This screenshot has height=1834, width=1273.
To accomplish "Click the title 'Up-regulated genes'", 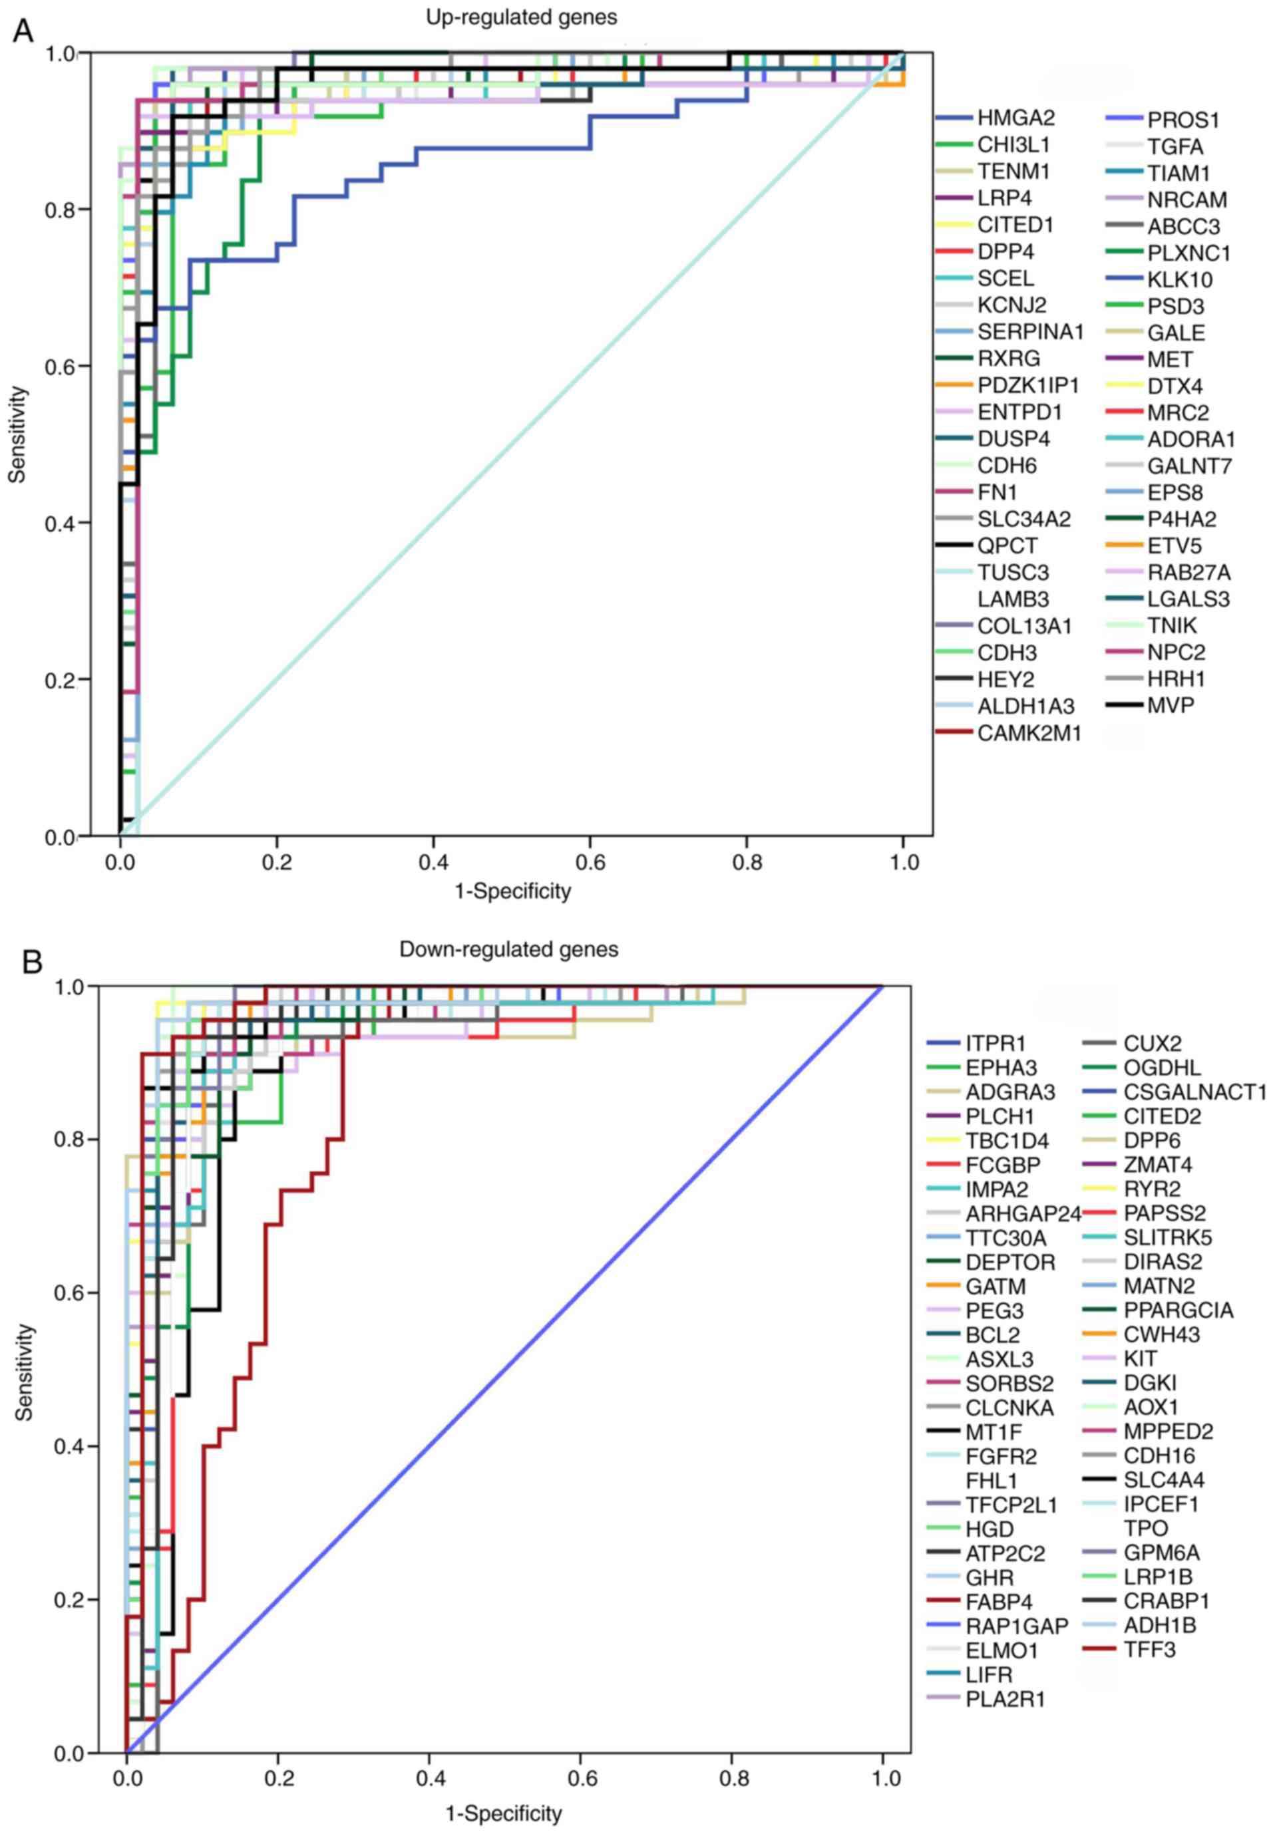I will click(x=521, y=17).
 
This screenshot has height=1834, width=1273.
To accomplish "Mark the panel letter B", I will click(x=33, y=963).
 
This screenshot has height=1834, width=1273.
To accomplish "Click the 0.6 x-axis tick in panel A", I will click(x=590, y=863).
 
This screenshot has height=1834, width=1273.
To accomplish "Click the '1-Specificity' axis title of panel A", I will click(x=513, y=891).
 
